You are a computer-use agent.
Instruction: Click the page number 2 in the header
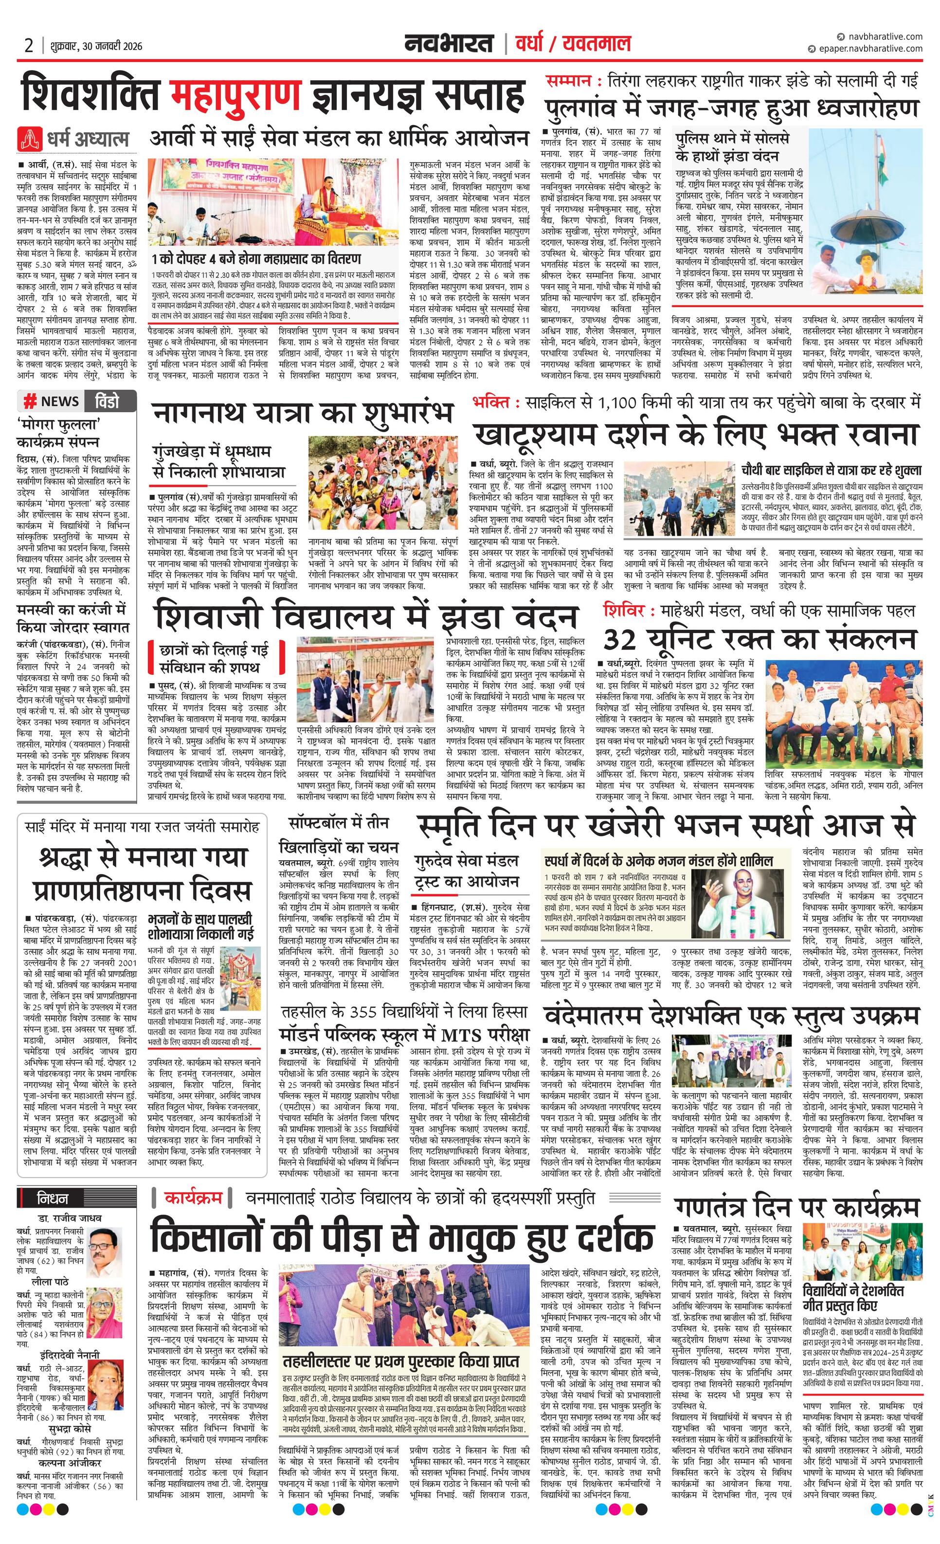(29, 45)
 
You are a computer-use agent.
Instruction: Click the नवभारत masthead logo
(448, 44)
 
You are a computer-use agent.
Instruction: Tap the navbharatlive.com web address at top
(883, 37)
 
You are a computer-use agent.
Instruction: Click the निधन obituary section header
(53, 1199)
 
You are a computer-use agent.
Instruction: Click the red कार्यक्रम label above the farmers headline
(194, 1198)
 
